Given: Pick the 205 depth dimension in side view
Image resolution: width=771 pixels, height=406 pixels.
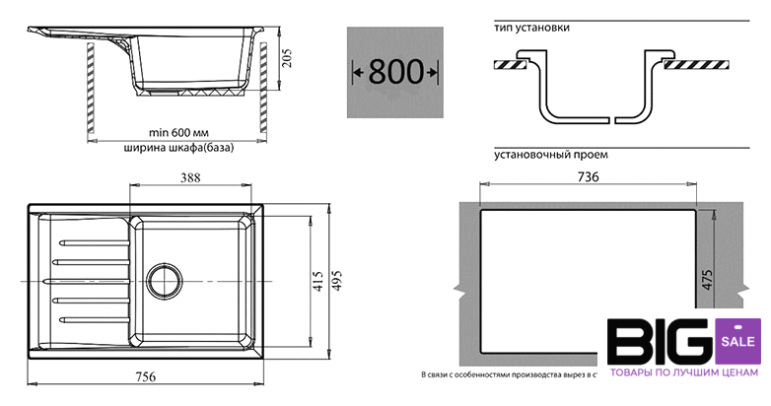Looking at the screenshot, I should tap(288, 64).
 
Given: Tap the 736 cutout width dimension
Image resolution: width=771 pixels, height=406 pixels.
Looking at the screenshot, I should tap(589, 176).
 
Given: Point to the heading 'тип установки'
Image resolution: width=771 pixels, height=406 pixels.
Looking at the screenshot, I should tap(531, 28).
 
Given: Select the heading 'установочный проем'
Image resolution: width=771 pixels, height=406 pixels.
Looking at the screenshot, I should tap(550, 155).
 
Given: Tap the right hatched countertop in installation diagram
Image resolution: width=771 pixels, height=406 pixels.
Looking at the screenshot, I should tap(696, 65).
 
